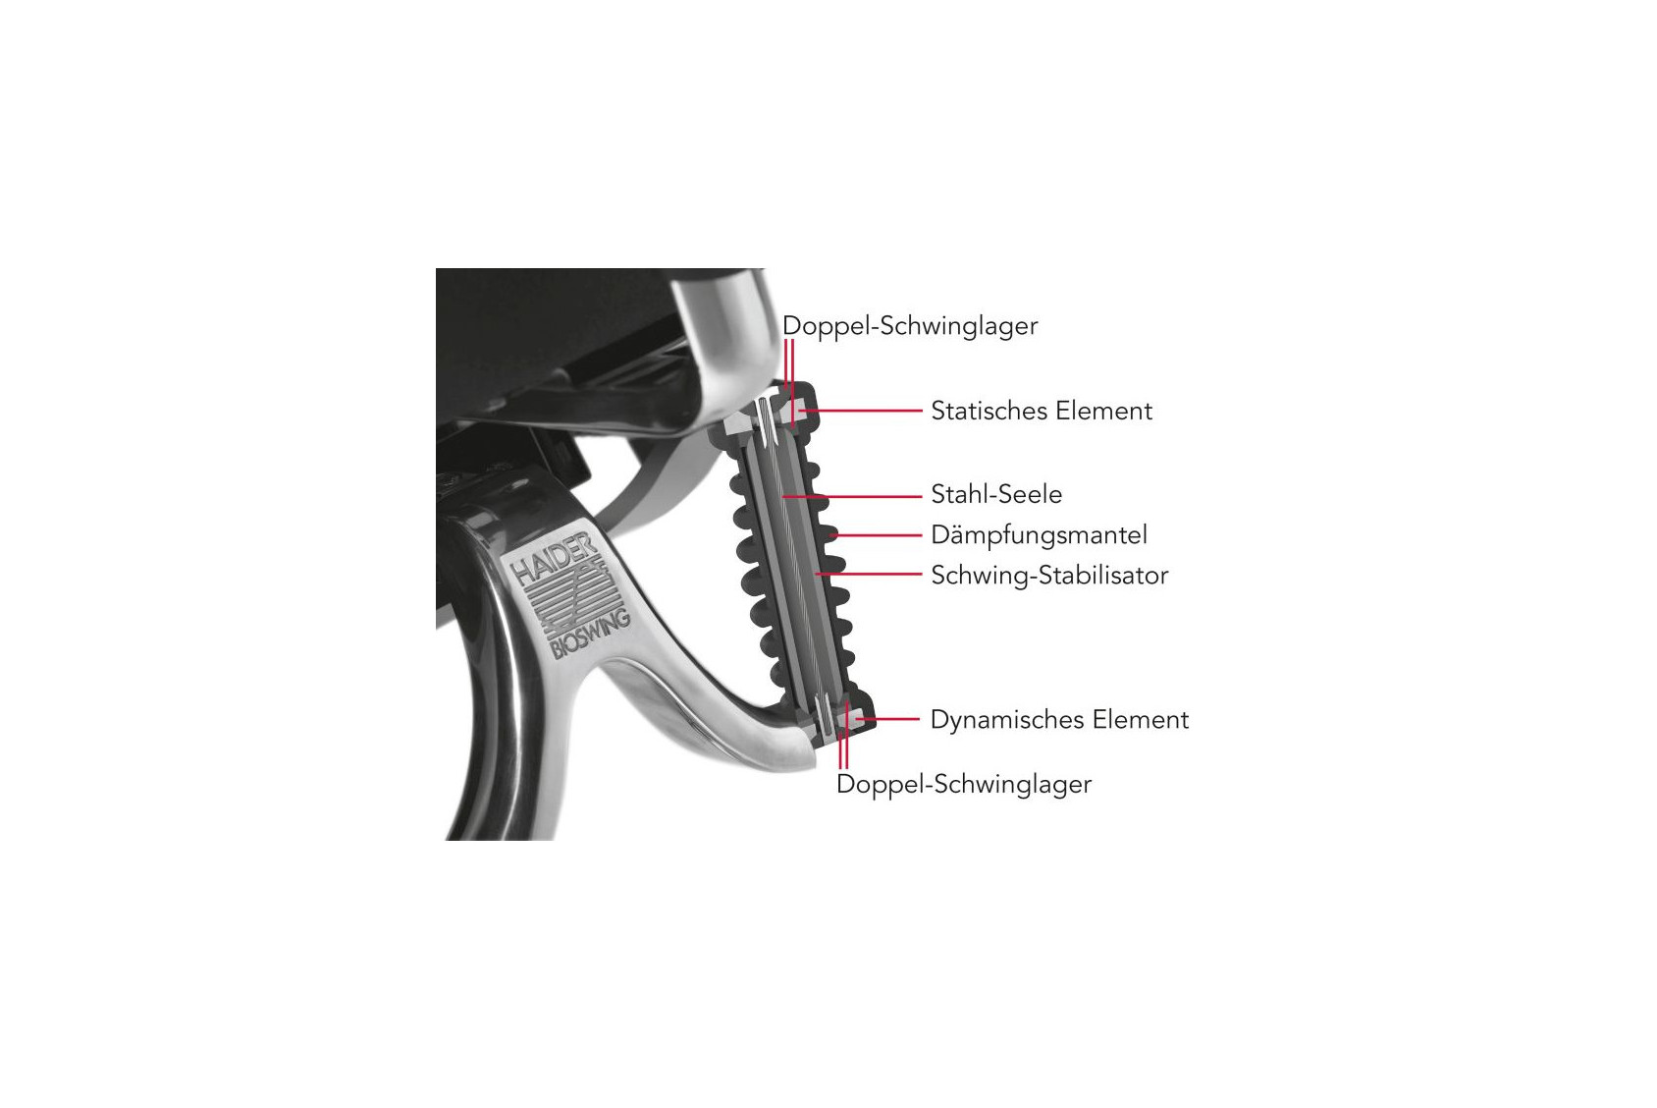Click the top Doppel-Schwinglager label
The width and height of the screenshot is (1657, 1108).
910,326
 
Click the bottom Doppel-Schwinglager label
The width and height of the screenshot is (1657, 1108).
964,785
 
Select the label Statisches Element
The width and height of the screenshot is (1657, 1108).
1042,411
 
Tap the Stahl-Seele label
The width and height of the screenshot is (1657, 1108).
996,494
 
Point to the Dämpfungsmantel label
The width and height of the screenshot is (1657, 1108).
1040,535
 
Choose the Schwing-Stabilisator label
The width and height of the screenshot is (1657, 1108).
1049,576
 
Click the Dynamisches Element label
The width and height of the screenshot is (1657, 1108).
1059,720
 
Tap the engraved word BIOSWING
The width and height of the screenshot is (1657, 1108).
590,634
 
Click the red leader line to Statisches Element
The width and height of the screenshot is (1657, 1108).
860,410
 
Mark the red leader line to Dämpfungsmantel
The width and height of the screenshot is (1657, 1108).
877,535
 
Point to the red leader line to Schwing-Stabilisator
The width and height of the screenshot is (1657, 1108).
868,574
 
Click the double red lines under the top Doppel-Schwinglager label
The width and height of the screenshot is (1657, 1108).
789,383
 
